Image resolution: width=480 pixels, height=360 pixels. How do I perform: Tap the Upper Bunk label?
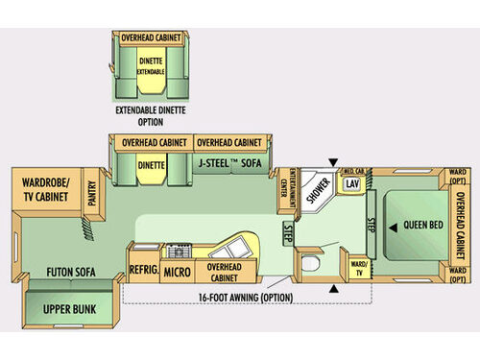coord(65,310)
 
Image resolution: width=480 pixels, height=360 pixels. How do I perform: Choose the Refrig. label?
coord(143,270)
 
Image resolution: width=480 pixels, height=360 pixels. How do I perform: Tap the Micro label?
coord(176,272)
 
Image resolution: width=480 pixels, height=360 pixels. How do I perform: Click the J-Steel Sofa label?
coord(233,163)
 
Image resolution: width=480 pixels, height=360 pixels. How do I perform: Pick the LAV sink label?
coord(352,181)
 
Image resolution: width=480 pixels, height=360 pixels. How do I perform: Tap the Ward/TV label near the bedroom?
coord(359,265)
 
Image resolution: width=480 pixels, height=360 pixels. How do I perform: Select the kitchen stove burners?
coord(179,252)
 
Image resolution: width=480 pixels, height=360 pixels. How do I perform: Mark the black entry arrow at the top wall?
coord(332,162)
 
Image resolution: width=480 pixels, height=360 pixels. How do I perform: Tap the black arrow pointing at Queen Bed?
coord(393,228)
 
